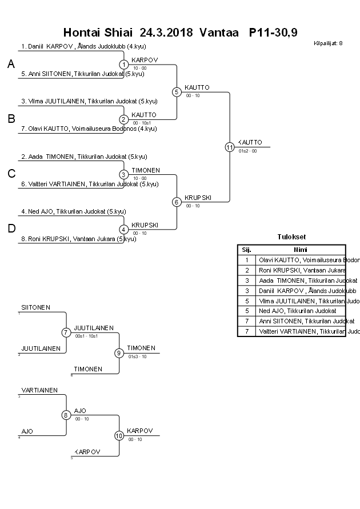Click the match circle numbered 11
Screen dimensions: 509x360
pyautogui.click(x=230, y=147)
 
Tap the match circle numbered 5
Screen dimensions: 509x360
pyautogui.click(x=177, y=92)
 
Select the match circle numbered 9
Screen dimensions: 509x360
pyautogui.click(x=119, y=353)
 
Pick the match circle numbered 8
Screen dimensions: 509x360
pyautogui.click(x=66, y=415)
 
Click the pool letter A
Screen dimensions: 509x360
pyautogui.click(x=11, y=65)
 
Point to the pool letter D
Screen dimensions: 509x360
pyautogui.click(x=11, y=229)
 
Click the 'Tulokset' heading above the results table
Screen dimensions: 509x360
pyautogui.click(x=291, y=237)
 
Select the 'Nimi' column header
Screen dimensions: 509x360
pyautogui.click(x=301, y=250)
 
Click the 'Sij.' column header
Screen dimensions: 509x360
pyautogui.click(x=247, y=250)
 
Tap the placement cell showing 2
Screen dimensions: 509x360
pyautogui.click(x=247, y=270)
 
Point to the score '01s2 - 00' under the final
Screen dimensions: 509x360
pyautogui.click(x=248, y=151)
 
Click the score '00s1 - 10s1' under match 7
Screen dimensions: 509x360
pyautogui.click(x=86, y=336)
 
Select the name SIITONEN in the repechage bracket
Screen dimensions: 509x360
pyautogui.click(x=36, y=307)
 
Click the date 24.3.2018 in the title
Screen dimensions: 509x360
pyautogui.click(x=167, y=33)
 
